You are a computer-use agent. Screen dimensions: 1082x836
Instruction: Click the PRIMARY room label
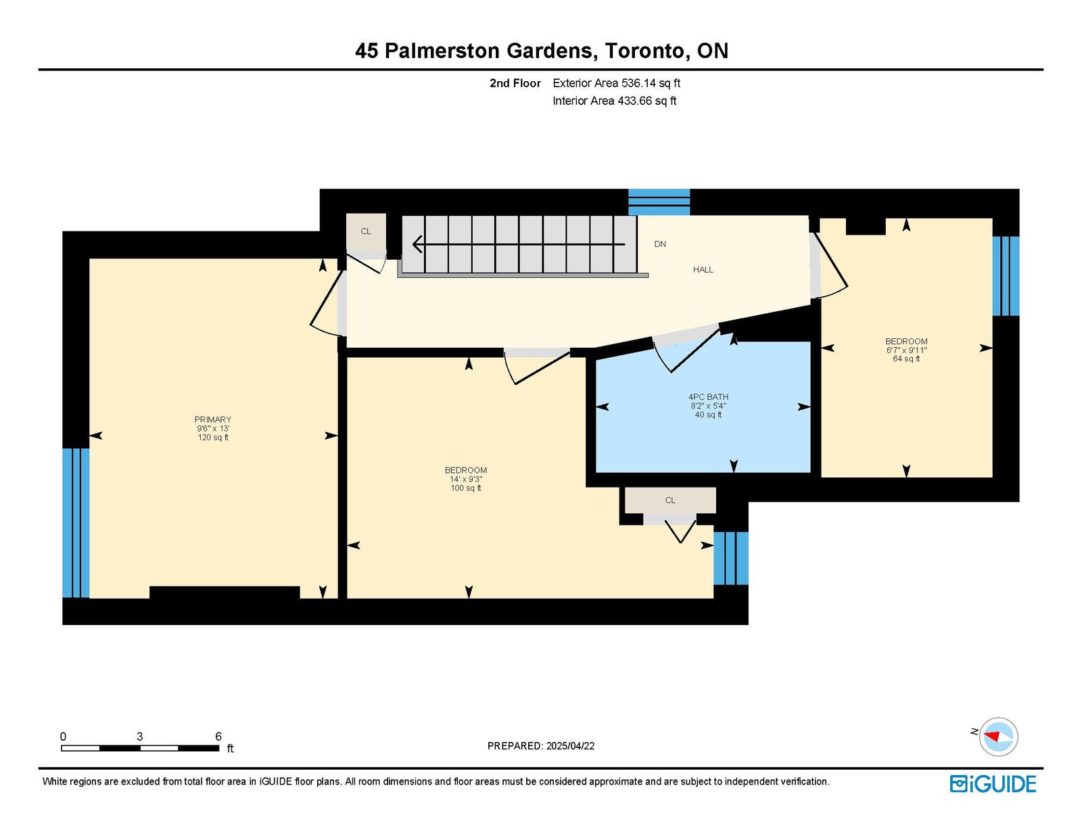click(x=212, y=419)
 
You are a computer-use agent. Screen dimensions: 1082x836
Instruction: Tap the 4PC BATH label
click(x=708, y=397)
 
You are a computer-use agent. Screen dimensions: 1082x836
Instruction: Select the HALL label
click(x=703, y=269)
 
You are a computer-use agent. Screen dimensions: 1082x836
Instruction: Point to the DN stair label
click(x=660, y=244)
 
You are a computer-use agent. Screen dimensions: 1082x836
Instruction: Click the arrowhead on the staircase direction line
click(x=417, y=244)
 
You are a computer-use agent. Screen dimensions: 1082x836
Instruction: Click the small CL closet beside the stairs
click(x=366, y=231)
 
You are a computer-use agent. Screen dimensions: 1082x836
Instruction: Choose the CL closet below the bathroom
click(x=670, y=500)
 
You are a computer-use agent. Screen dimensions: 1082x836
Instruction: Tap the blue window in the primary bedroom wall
click(x=76, y=523)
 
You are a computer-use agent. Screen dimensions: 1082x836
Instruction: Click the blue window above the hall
click(x=659, y=202)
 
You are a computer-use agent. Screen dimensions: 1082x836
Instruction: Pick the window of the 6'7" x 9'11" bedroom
click(x=1006, y=276)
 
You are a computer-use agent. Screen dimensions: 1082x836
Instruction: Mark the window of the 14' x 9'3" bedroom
click(x=730, y=558)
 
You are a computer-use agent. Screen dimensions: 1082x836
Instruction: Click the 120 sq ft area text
click(x=213, y=437)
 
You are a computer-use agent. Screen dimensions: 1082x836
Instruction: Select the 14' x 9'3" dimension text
click(x=466, y=479)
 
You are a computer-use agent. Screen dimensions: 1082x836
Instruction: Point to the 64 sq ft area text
click(x=906, y=358)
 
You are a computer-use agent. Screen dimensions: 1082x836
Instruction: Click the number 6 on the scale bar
click(x=218, y=736)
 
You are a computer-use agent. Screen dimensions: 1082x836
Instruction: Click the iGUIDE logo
click(x=993, y=784)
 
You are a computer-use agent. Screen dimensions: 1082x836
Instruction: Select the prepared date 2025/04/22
click(x=570, y=746)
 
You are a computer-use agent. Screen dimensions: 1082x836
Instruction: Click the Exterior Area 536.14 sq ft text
click(x=617, y=83)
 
